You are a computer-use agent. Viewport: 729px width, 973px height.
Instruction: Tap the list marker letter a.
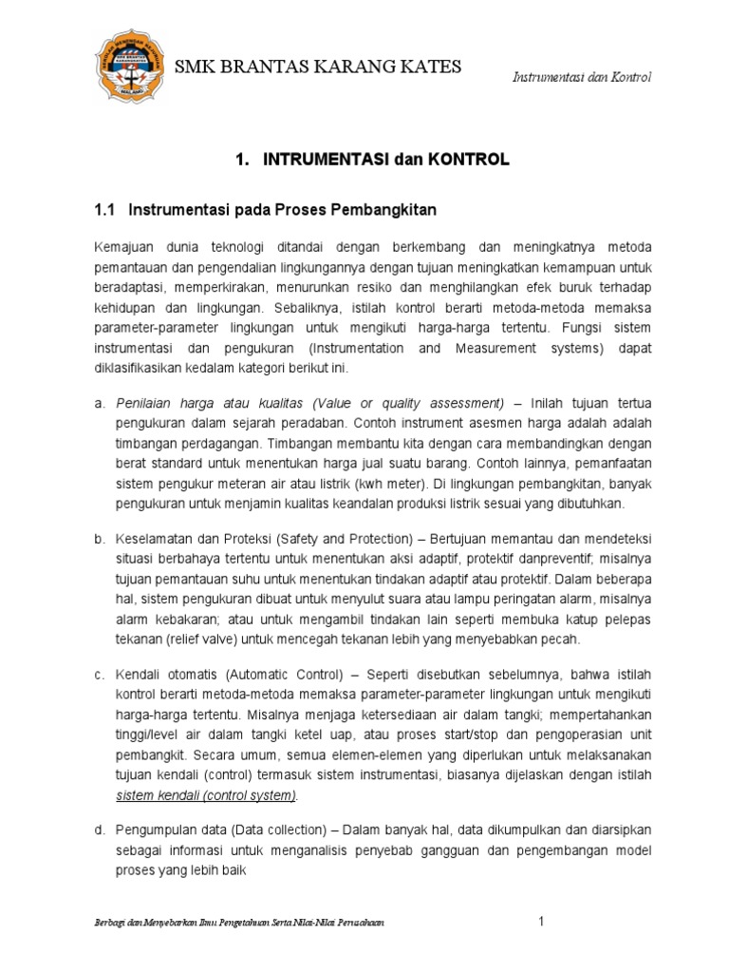click(x=98, y=404)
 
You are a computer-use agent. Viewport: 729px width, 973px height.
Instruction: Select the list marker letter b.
click(x=98, y=539)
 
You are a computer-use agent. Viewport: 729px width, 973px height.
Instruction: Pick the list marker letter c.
click(x=98, y=675)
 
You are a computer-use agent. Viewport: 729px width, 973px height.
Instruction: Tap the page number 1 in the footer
click(x=541, y=921)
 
